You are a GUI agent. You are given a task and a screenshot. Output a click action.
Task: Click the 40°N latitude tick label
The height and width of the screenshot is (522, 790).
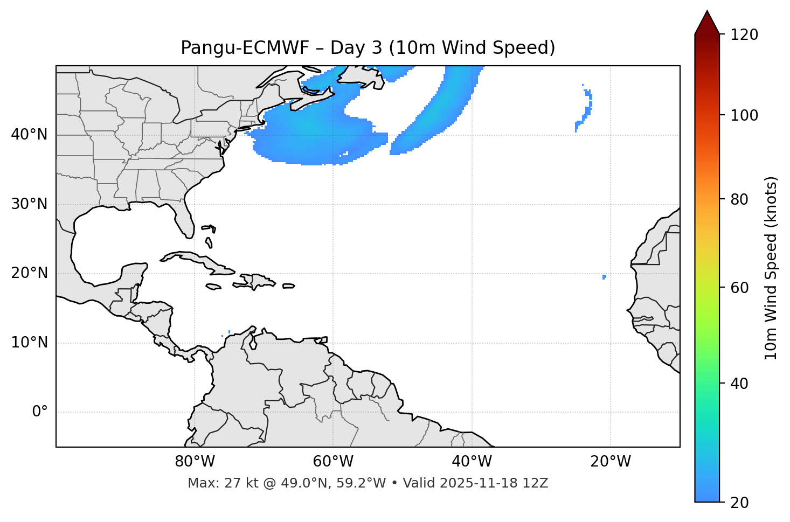tap(29, 135)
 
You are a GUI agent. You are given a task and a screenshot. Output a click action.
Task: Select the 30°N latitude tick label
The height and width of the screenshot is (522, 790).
tap(29, 204)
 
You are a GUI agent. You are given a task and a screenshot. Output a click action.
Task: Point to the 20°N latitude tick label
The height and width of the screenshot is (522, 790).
tap(29, 273)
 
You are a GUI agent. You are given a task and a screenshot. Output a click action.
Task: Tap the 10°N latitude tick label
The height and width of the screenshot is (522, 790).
tap(29, 343)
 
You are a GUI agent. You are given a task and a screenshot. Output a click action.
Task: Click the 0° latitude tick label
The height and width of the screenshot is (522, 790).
tap(40, 412)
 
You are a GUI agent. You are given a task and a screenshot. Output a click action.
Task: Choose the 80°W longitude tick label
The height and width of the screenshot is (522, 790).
tap(195, 462)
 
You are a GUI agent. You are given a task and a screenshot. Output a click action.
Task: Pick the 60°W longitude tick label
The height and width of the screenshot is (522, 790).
tap(333, 462)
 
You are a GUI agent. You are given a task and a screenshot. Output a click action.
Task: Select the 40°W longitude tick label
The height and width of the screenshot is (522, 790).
tap(472, 462)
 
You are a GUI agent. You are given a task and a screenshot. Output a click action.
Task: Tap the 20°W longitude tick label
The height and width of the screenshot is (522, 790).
tap(611, 462)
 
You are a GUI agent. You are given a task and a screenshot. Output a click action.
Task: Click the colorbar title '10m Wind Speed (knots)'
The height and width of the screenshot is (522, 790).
tap(771, 268)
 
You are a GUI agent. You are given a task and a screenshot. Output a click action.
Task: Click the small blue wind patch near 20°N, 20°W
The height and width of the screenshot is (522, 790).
tap(604, 277)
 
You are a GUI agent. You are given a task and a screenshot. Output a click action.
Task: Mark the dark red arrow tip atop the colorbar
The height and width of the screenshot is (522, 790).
tap(707, 20)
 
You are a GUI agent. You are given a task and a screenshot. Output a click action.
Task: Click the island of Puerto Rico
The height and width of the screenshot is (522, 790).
tap(288, 286)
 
